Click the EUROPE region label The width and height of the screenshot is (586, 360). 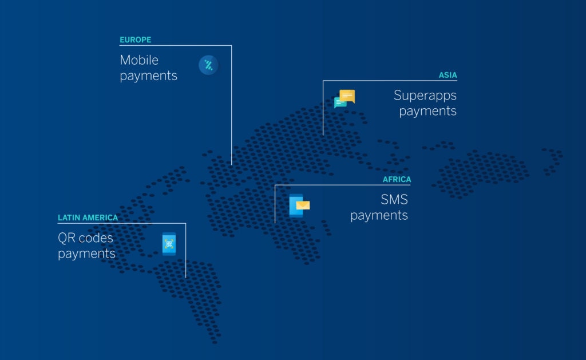(x=135, y=39)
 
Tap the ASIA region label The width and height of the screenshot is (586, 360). (x=448, y=75)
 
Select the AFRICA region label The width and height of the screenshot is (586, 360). (x=397, y=180)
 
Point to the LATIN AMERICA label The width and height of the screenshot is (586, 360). (x=88, y=217)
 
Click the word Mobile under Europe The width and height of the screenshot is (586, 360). (x=139, y=60)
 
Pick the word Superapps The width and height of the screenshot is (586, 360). (x=425, y=96)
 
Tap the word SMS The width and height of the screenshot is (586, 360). (x=394, y=199)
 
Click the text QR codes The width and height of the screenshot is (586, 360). (x=86, y=238)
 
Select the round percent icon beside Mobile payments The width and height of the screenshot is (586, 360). (x=208, y=65)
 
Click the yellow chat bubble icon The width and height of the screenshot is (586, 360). (x=347, y=96)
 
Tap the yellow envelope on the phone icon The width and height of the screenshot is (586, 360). (x=303, y=205)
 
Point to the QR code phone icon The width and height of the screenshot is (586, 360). (x=169, y=244)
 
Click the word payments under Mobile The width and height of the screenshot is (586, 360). (x=148, y=76)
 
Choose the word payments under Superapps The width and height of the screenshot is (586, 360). (x=427, y=111)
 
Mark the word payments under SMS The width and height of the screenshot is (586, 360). (x=379, y=215)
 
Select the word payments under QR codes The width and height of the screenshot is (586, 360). (x=87, y=254)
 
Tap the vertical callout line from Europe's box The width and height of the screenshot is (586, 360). (x=231, y=105)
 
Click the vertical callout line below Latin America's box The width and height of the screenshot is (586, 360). (x=185, y=251)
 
